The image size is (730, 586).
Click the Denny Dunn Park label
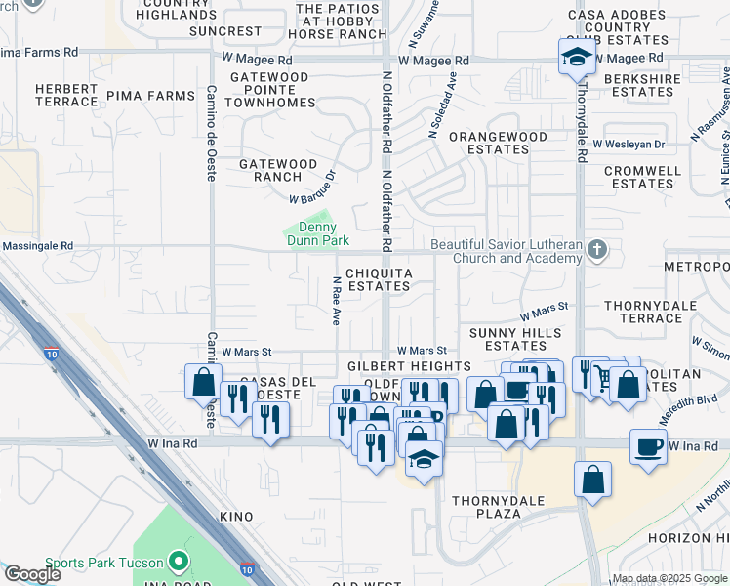point(315,233)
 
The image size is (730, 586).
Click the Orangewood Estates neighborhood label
point(490,144)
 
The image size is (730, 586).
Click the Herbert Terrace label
point(66,95)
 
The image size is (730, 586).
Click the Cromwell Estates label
point(641,177)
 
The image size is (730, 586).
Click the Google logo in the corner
point(32,574)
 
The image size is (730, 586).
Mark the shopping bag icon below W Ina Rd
point(593,481)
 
